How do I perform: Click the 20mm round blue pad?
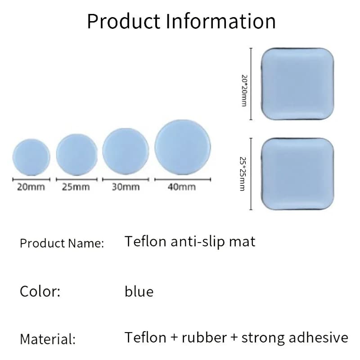31,157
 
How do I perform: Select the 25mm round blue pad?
76,154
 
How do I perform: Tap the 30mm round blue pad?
126,151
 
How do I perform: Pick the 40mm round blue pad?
183,147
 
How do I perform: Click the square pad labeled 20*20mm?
297,84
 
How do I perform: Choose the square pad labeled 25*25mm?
297,174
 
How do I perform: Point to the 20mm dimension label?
31,187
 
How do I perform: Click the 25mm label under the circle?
76,187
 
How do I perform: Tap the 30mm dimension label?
126,187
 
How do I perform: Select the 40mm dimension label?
182,187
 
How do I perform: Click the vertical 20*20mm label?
244,91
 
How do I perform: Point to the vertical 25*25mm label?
243,174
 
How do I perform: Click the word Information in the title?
220,21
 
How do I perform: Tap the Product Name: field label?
62,243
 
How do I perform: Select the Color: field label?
40,291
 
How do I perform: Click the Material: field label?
48,339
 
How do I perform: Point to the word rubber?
204,337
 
